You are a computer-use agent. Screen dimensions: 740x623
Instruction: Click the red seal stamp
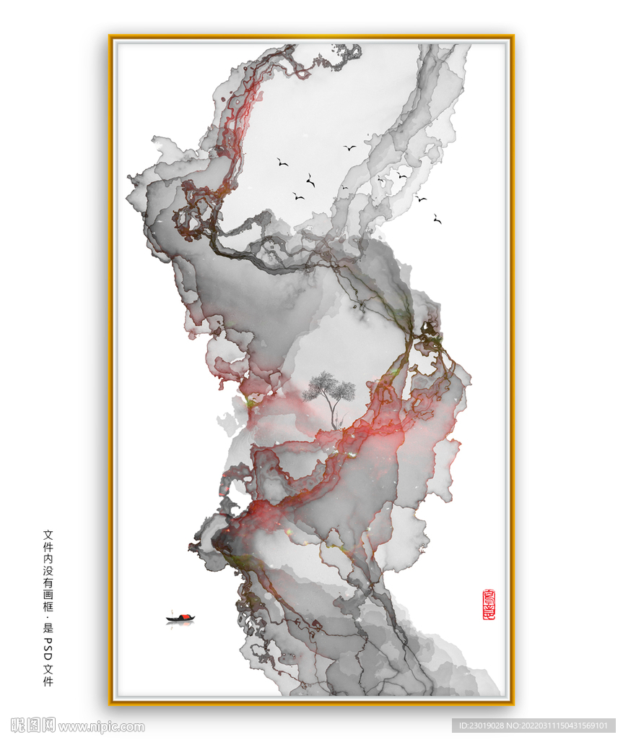[489, 605]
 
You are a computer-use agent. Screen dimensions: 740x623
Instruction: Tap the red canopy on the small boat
[184, 616]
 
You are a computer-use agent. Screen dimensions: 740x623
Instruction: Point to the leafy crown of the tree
[328, 387]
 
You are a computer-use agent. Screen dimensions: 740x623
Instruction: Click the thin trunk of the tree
[333, 413]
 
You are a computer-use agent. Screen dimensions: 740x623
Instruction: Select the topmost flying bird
[349, 147]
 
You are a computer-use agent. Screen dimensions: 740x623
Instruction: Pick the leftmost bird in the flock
[282, 163]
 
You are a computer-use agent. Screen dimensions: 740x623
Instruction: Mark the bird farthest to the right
[437, 219]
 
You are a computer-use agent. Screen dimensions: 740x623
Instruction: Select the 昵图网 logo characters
[33, 726]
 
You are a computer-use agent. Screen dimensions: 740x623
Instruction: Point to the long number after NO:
[566, 726]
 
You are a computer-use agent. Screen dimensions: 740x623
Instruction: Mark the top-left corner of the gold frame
[110, 36]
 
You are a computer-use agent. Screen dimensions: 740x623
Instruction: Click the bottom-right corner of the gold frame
[513, 704]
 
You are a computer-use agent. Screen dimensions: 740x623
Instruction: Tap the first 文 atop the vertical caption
[48, 535]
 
